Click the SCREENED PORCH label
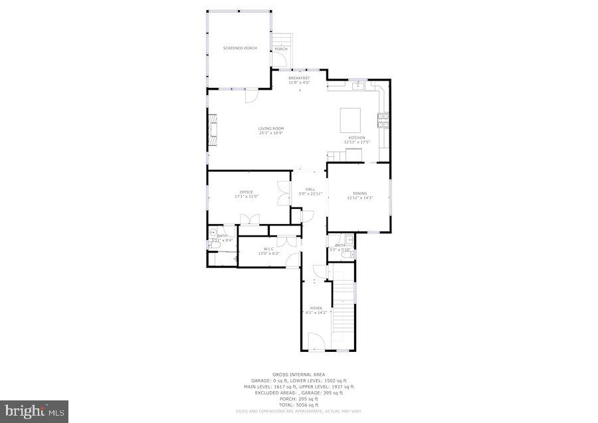[240, 49]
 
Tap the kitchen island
[351, 121]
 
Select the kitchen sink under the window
[358, 85]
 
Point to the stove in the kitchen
[383, 120]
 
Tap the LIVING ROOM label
[271, 128]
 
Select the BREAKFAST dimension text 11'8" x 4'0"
[299, 82]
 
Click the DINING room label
[359, 194]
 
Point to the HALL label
[310, 190]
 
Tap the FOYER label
[316, 308]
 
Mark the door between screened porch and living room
[252, 96]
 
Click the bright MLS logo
[35, 411]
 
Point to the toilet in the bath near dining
[353, 254]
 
